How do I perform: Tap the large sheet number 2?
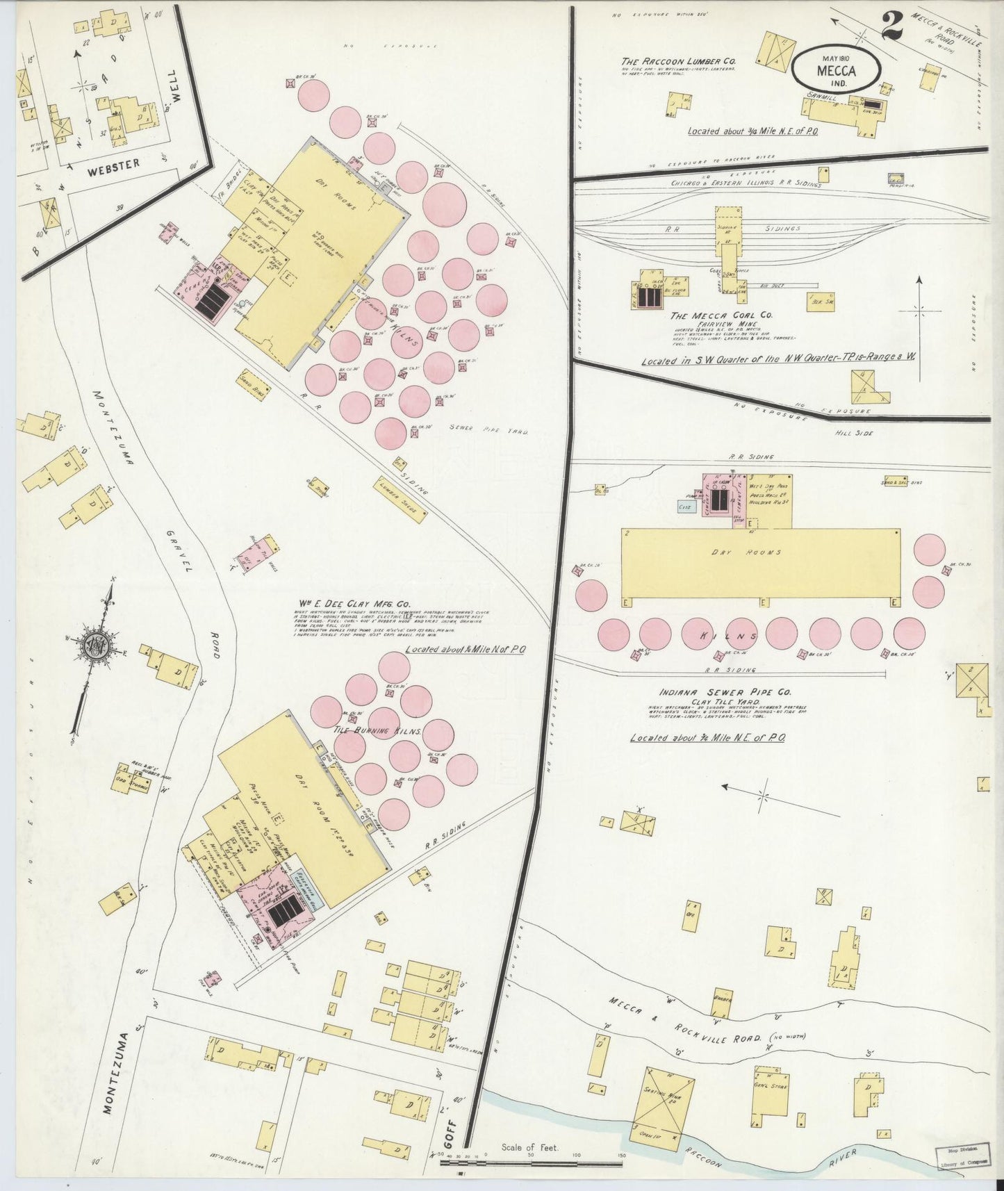(x=891, y=26)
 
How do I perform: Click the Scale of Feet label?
(x=530, y=1147)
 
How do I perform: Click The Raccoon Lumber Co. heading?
(x=679, y=61)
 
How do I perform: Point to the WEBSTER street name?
(x=115, y=163)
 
